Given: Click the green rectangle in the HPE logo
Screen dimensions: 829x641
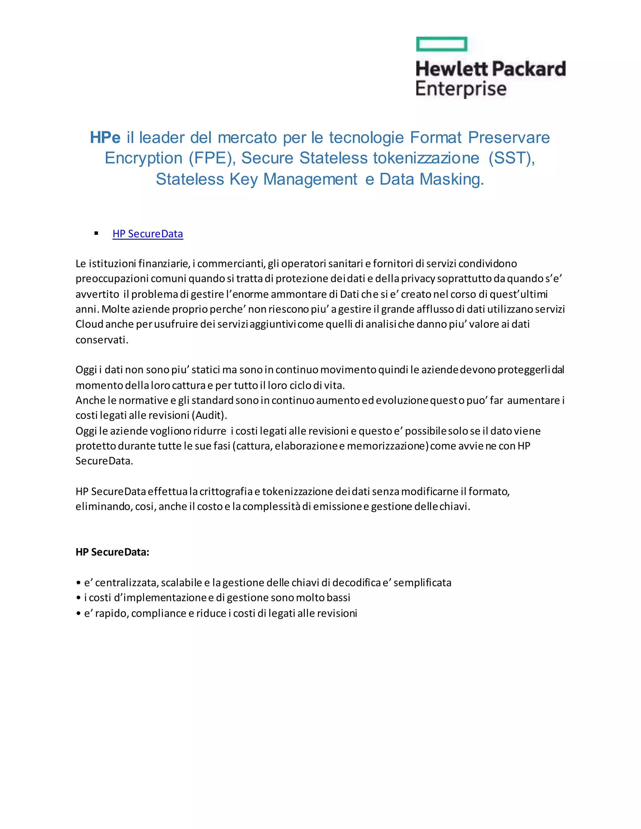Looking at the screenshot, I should [442, 44].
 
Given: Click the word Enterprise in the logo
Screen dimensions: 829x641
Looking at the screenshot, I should [461, 89].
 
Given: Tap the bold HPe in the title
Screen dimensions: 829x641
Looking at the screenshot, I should [105, 137].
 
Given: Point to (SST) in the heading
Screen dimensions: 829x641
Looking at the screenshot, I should [511, 158].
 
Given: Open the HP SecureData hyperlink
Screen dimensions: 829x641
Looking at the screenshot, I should [148, 234].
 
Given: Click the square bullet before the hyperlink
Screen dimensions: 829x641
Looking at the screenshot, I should [96, 233].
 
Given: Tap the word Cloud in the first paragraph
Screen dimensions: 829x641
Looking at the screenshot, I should [89, 324].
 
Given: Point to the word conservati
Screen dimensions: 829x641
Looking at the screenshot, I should [102, 340].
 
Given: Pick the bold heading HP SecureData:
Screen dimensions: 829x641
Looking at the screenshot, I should [112, 552].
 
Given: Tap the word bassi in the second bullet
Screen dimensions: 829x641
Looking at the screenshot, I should [338, 598].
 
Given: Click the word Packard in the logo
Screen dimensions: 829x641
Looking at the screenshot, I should [529, 69].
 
